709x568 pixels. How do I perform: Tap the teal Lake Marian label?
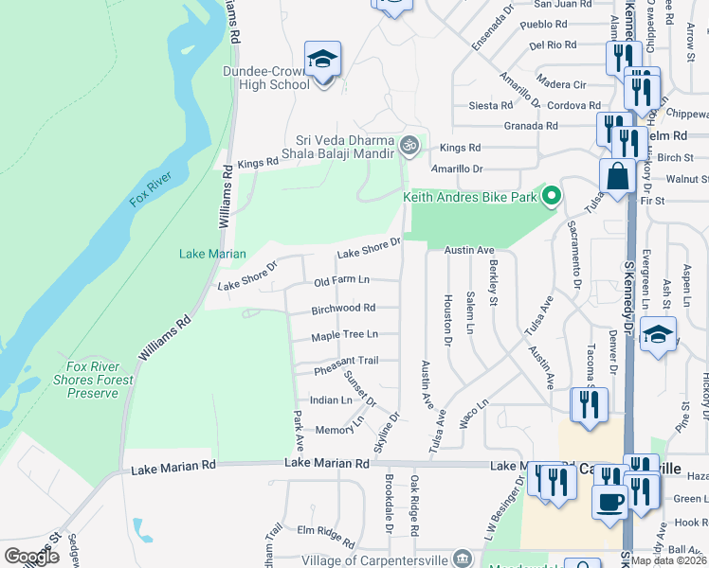pos(212,254)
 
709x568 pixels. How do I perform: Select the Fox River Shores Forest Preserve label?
pos(100,380)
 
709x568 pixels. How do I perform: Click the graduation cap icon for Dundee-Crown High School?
pos(322,60)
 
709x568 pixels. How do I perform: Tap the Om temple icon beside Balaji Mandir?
pos(409,145)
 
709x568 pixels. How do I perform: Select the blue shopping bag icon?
pos(617,176)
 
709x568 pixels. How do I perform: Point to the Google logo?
pos(31,557)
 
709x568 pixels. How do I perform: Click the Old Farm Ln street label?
pos(341,282)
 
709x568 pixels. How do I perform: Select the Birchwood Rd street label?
pos(343,308)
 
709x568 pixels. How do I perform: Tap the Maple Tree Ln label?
pos(345,334)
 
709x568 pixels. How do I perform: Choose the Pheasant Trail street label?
pos(346,360)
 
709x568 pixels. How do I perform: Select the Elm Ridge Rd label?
pos(325,536)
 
